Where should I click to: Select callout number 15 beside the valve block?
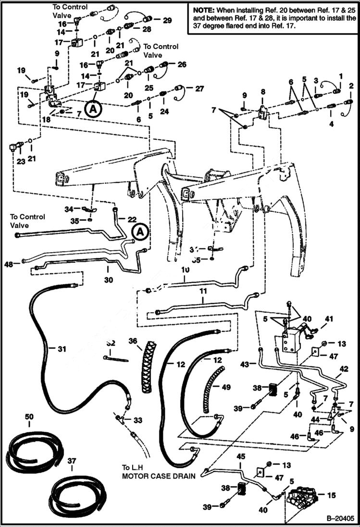[345, 494]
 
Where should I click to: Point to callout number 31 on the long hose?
[62, 349]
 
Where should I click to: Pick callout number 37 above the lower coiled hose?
[72, 461]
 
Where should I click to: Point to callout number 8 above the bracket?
[263, 91]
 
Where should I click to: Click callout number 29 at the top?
[167, 20]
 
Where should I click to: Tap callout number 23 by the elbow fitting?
[20, 162]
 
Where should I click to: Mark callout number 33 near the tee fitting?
[138, 420]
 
